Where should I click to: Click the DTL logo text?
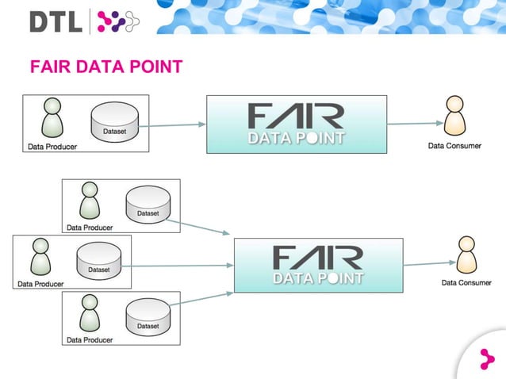(x=55, y=21)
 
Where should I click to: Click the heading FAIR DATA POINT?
(x=105, y=66)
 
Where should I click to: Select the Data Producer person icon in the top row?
(x=52, y=119)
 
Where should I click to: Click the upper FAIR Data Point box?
(x=296, y=124)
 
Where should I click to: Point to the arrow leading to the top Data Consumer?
(x=413, y=123)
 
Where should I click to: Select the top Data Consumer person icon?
(x=454, y=117)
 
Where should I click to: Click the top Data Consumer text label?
(x=454, y=146)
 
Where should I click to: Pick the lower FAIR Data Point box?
(x=318, y=265)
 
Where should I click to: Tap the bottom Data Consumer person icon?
(x=466, y=255)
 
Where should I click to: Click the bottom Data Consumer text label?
(x=466, y=282)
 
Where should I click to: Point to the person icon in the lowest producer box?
(x=90, y=315)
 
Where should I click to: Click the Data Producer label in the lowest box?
(x=90, y=340)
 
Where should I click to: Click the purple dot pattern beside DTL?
(x=117, y=21)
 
